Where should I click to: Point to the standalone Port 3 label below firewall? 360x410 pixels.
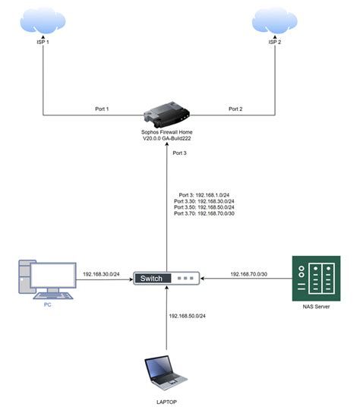pyautogui.click(x=179, y=153)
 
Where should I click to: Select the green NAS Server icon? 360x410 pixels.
pyautogui.click(x=314, y=278)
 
